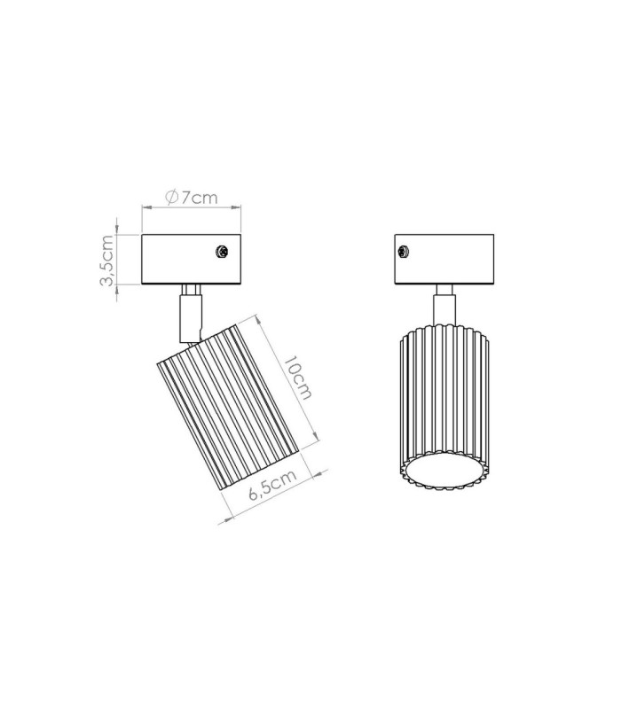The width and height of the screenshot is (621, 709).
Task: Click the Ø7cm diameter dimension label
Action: coord(192,198)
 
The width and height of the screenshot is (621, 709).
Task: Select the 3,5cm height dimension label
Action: coord(106,260)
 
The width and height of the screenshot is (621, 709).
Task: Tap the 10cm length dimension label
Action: coord(297,378)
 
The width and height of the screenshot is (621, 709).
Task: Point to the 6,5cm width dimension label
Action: coord(273,484)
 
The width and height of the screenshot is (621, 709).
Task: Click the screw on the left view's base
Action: coord(221,252)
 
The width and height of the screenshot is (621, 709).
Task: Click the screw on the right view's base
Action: coord(404,252)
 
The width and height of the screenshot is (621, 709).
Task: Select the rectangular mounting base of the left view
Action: coord(191,260)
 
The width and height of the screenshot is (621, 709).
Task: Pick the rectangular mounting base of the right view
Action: coord(444,260)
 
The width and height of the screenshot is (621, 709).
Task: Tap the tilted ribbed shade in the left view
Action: coord(228,409)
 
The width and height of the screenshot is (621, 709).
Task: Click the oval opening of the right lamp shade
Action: coord(444,472)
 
